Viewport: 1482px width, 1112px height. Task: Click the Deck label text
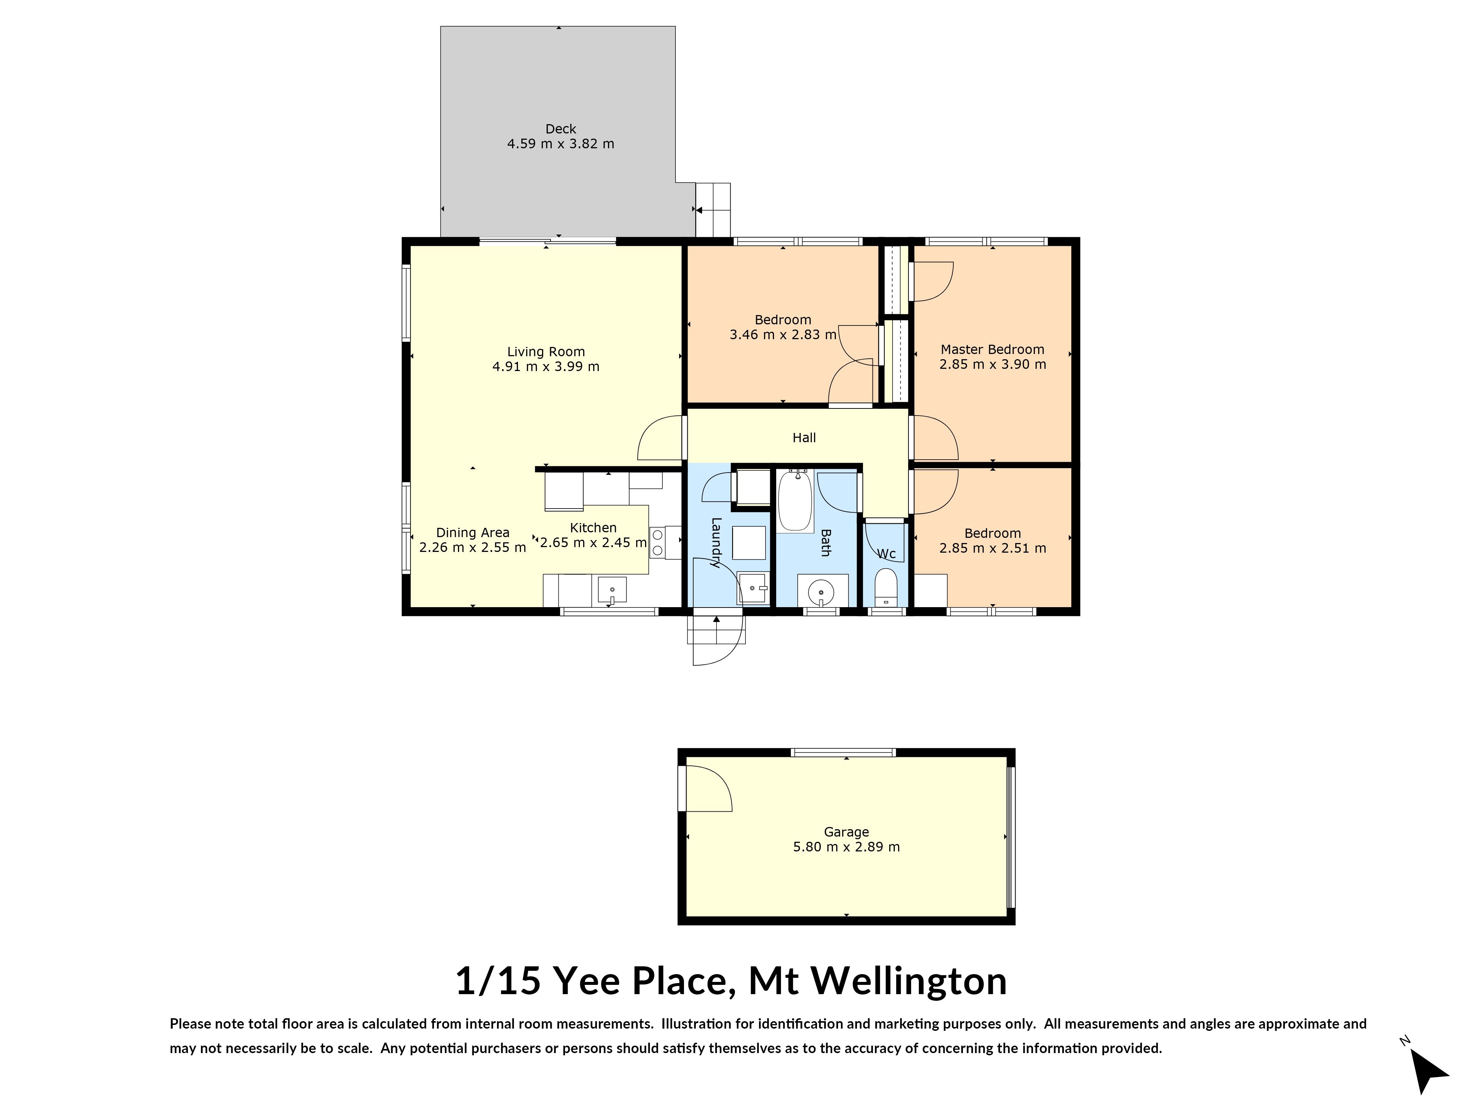(x=560, y=129)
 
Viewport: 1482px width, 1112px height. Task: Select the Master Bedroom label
(x=992, y=349)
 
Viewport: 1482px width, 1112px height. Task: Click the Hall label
(x=804, y=438)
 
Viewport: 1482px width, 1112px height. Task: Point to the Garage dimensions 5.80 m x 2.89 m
(x=846, y=847)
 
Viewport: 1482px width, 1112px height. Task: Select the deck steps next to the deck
(x=713, y=209)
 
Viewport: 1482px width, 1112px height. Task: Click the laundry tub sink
(x=752, y=588)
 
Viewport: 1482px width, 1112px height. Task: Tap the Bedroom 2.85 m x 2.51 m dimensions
(x=992, y=548)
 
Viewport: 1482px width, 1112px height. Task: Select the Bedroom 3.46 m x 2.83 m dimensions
(x=782, y=334)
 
